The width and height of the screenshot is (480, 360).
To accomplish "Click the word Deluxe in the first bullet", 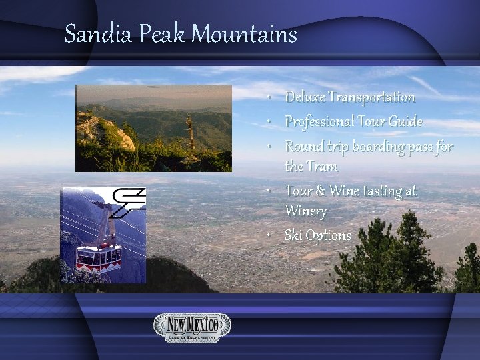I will click(304, 97).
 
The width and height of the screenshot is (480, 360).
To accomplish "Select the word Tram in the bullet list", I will click(324, 167).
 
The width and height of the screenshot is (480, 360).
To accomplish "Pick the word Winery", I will click(306, 212).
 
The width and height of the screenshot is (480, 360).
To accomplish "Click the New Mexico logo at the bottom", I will click(193, 327).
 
